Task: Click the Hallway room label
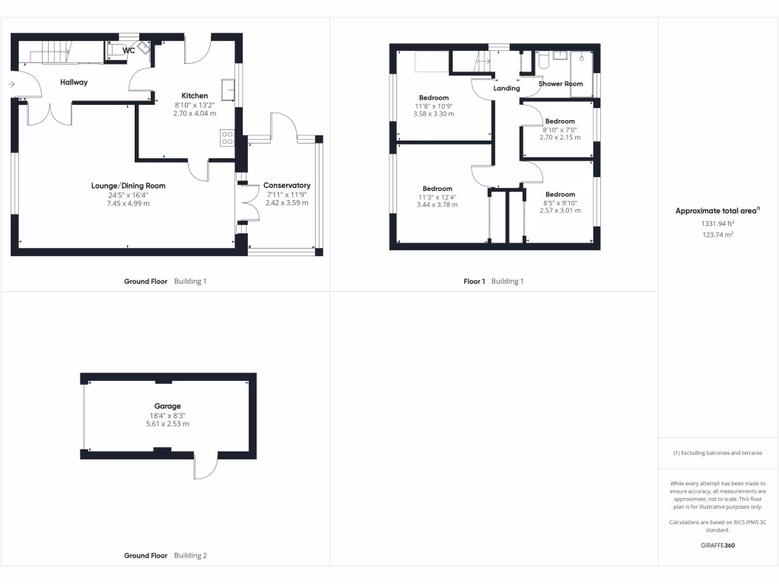75,82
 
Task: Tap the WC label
129,50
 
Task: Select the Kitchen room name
194,96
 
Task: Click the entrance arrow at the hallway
11,84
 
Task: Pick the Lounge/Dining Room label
128,186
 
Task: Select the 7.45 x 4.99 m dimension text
128,203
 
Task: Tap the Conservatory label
287,185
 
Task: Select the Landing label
507,88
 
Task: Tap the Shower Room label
561,84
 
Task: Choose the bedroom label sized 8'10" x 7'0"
559,121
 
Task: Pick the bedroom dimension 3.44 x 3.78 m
437,205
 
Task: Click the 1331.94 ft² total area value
718,224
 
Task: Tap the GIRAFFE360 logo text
718,545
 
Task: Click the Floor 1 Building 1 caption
494,281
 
